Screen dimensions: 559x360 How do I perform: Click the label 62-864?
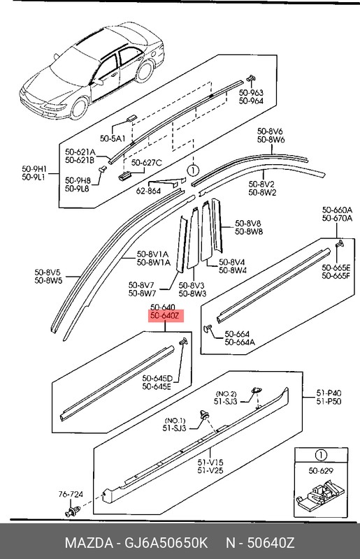click(148, 190)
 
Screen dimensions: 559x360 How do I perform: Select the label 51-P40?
click(328, 394)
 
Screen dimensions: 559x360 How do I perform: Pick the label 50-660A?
click(337, 210)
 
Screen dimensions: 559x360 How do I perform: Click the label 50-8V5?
click(48, 272)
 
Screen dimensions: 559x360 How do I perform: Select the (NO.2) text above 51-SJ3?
click(226, 393)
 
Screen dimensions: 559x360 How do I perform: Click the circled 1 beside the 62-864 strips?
click(192, 169)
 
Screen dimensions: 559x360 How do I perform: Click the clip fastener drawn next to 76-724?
click(71, 513)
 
